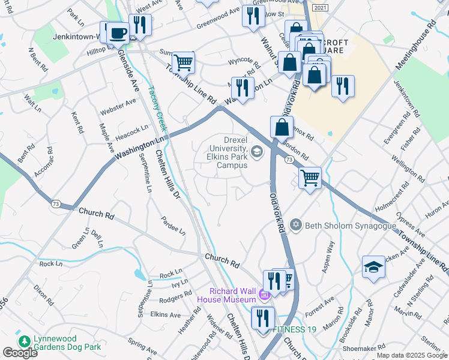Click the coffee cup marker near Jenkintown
click(118, 34)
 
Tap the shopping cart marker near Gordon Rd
click(310, 178)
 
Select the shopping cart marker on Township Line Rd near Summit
click(183, 62)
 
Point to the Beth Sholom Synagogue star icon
click(295, 226)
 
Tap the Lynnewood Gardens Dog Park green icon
click(25, 341)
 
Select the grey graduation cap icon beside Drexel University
click(257, 151)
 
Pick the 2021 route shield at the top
click(321, 8)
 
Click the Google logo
click(20, 353)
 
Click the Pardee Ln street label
click(173, 224)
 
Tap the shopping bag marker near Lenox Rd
click(282, 127)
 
